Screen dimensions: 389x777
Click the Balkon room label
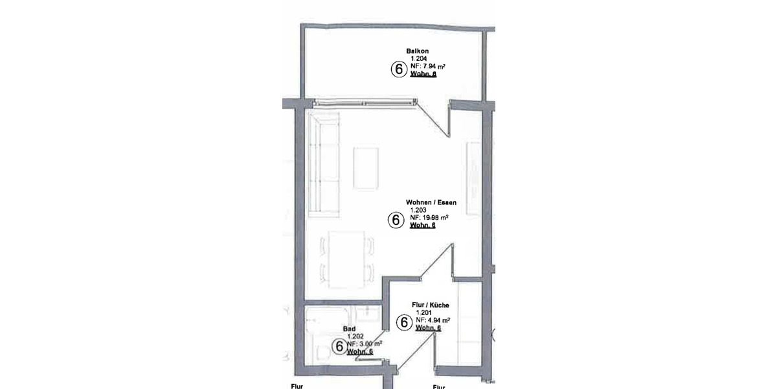[418, 51]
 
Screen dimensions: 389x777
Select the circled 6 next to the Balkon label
[396, 69]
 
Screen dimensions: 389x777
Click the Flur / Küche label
[431, 305]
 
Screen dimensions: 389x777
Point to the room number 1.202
[355, 336]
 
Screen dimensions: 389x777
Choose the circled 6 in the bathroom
[338, 347]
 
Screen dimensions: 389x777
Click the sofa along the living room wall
[323, 165]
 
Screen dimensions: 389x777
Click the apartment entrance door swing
[414, 353]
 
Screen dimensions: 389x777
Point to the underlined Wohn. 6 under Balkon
[423, 75]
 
